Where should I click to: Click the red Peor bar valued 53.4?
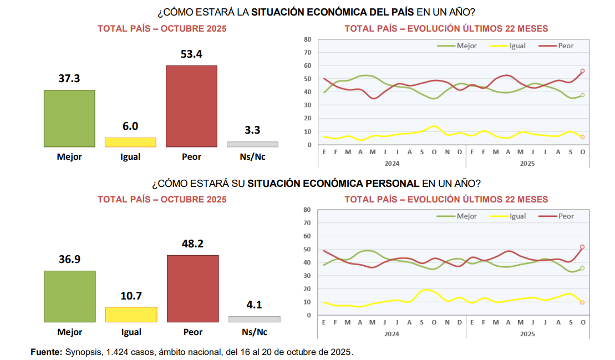click(191, 106)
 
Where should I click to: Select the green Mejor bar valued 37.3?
click(69, 118)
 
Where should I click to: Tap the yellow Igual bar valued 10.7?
click(131, 315)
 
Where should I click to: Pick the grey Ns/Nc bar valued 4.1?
click(254, 319)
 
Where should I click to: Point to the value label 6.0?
click(130, 126)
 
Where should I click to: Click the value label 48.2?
click(192, 244)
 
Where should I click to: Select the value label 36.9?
click(69, 259)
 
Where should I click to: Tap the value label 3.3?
click(252, 130)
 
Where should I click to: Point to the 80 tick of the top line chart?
click(307, 39)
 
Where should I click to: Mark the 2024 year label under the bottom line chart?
click(392, 334)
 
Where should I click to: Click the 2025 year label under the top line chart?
click(527, 164)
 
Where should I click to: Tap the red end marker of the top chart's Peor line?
click(583, 71)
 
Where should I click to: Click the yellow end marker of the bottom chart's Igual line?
click(583, 302)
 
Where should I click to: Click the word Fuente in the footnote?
click(46, 352)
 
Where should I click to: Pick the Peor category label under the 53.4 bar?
click(191, 157)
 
